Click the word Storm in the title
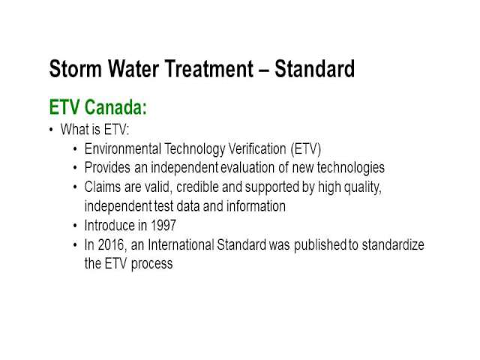tap(75, 68)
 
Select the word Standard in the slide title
tap(315, 68)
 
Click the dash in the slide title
tap(264, 70)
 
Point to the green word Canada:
tap(115, 107)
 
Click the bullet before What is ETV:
tap(51, 130)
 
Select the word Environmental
tap(123, 149)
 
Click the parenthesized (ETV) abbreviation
tap(306, 149)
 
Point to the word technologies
tap(350, 168)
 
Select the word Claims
tap(103, 187)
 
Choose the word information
tap(256, 206)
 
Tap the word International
tap(181, 245)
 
